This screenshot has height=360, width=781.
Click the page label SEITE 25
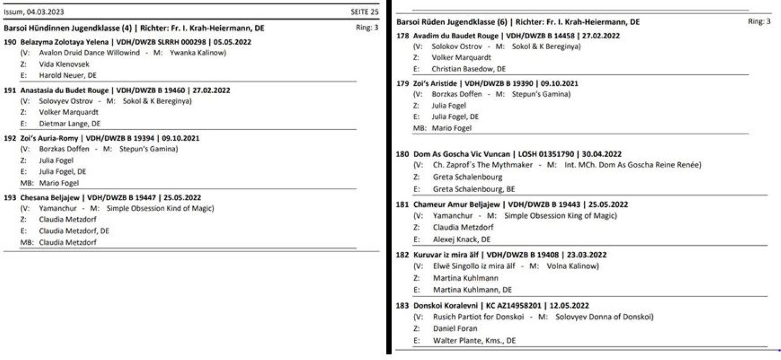pyautogui.click(x=364, y=11)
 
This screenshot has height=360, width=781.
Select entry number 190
pyautogui.click(x=10, y=42)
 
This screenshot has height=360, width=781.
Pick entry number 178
pyautogui.click(x=402, y=35)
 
